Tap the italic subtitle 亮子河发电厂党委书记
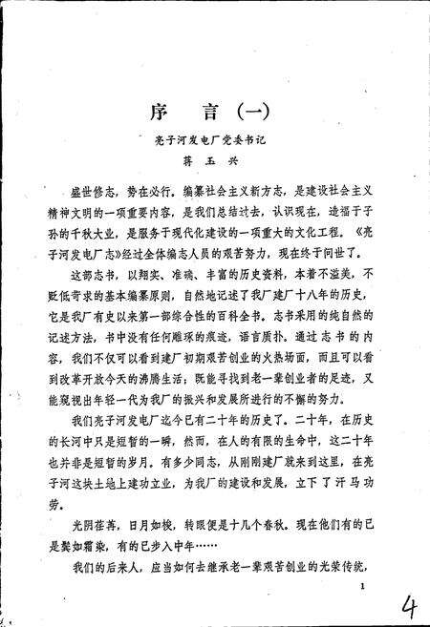coord(214,140)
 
